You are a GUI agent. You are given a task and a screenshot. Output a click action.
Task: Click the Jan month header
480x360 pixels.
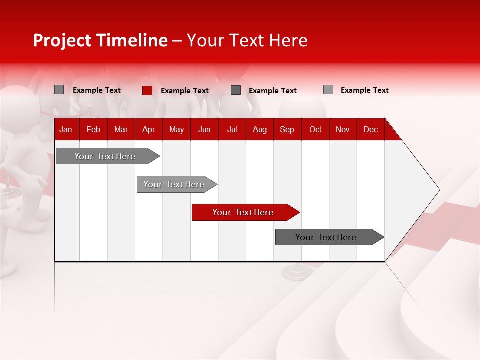[66, 129]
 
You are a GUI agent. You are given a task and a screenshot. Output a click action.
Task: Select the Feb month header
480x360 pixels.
[93, 129]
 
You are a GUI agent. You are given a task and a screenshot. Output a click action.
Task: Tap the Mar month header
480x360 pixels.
[121, 129]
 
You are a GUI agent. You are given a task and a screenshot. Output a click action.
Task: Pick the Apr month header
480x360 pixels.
[149, 129]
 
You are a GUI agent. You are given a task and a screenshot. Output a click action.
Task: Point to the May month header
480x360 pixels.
[176, 129]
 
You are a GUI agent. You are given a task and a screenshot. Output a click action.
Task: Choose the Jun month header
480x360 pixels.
[204, 129]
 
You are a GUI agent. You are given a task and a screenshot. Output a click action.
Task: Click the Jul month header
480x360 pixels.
[232, 129]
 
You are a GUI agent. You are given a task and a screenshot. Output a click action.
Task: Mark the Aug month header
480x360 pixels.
[260, 129]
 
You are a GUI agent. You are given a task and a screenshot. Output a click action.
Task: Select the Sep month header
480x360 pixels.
[287, 129]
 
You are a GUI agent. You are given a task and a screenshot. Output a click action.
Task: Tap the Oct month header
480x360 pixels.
[315, 129]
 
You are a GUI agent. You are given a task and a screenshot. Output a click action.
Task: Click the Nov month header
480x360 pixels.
[343, 129]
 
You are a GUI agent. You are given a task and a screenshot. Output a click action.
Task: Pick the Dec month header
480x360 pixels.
[371, 129]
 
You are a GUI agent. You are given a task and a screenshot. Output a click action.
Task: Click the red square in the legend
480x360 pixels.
[147, 90]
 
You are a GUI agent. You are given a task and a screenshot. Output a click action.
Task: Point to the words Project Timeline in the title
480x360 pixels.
[100, 40]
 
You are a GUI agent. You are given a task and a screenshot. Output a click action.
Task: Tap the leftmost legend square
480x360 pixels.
[59, 90]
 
